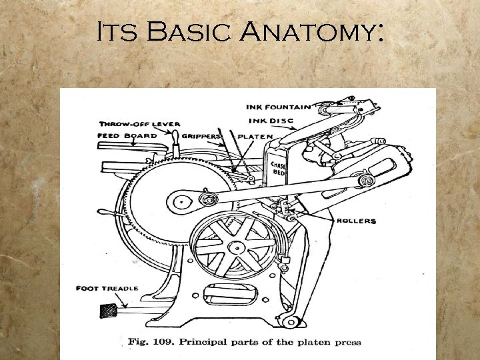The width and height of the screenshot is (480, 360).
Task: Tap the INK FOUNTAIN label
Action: [x=279, y=107]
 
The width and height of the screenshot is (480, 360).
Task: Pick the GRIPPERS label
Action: [x=203, y=136]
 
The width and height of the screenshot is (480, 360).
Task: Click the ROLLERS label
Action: [x=356, y=221]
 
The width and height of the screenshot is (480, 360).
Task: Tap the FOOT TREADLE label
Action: [x=107, y=288]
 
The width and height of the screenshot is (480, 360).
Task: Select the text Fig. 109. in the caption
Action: [x=147, y=343]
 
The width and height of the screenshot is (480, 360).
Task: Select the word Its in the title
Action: [x=119, y=31]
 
